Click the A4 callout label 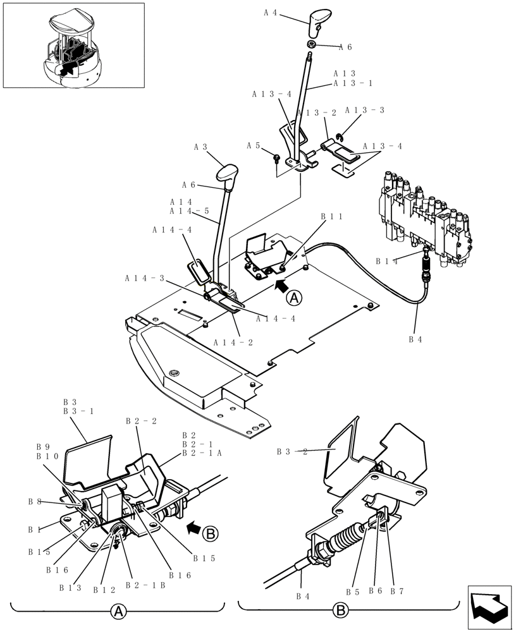tap(270, 11)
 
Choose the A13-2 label tap(317, 113)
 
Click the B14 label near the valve tap(386, 260)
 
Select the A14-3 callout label tap(144, 278)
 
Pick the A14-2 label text tap(233, 342)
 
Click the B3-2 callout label tap(292, 452)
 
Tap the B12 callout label tap(103, 590)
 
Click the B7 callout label tap(396, 592)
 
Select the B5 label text tap(352, 592)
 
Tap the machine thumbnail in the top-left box tap(73, 46)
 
